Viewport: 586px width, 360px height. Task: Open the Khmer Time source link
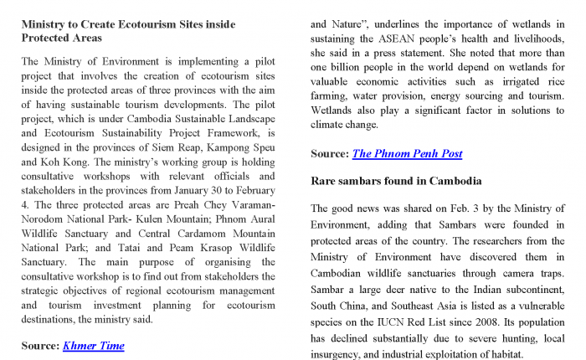[94, 345]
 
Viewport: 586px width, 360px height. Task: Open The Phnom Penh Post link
[407, 153]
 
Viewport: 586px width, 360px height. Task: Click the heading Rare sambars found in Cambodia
[396, 181]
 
